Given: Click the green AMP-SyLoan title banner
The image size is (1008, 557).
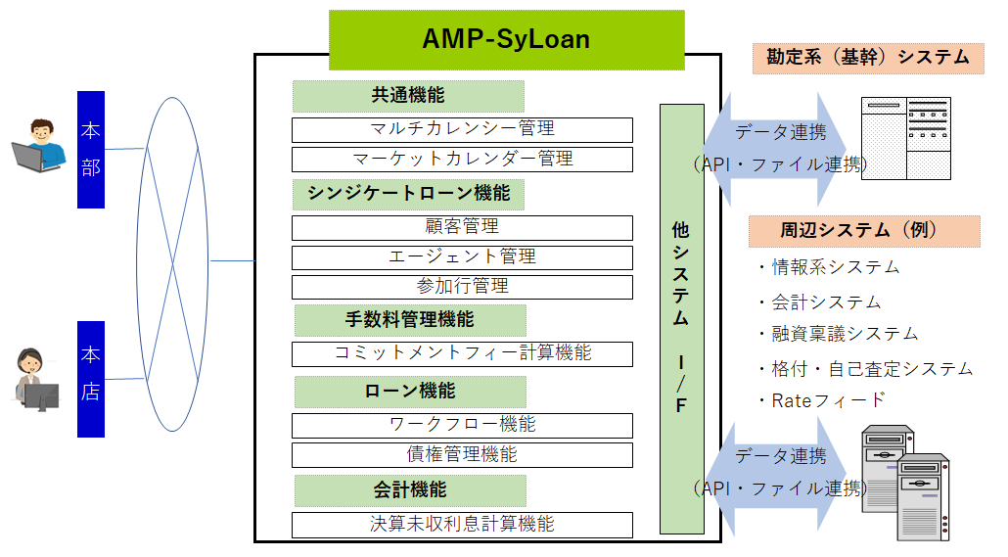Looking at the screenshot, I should (x=506, y=40).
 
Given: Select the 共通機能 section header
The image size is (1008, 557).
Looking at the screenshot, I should (x=408, y=96).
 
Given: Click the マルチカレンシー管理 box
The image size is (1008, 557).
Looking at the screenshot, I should (x=462, y=129).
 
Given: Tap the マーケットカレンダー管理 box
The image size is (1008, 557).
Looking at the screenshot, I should (x=462, y=159).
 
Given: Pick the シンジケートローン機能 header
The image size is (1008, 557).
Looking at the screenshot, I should (x=408, y=194).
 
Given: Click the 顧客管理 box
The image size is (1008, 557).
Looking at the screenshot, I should (x=462, y=227).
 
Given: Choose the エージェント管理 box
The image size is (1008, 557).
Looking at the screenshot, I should (x=462, y=256).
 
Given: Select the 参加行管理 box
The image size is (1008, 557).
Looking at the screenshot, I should (x=462, y=287).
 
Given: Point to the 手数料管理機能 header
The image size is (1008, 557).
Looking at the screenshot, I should (x=410, y=320).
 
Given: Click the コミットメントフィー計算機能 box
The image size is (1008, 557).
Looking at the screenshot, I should (x=462, y=353).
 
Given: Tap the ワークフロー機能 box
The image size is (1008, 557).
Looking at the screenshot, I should (x=462, y=425).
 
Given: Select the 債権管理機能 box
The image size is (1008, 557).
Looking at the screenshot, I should (x=462, y=454).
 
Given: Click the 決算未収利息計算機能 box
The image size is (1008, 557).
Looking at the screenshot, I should (x=462, y=525).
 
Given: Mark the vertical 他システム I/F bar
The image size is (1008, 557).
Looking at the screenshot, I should (x=681, y=318).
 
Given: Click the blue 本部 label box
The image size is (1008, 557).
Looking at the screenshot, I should (x=91, y=150).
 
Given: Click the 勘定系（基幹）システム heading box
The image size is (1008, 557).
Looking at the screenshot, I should (x=866, y=58).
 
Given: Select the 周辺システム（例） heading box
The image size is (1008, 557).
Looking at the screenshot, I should (x=864, y=231).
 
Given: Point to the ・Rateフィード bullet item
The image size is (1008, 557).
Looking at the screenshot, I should (x=822, y=399).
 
